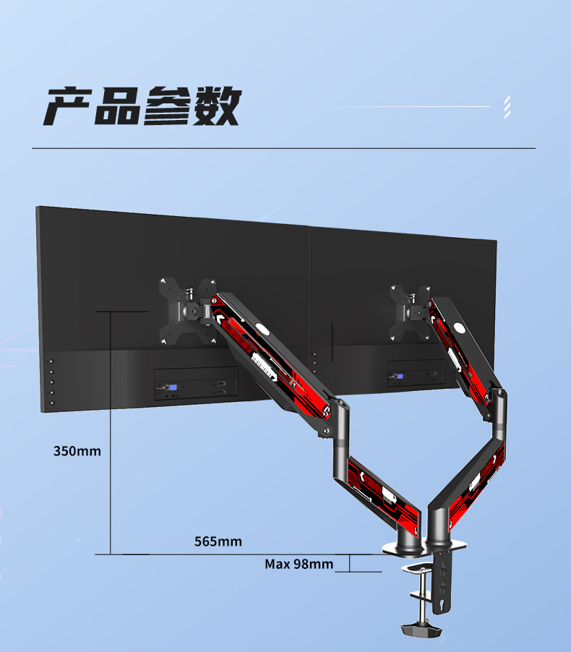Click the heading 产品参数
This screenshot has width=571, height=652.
tap(142, 106)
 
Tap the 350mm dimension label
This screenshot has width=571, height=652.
tap(77, 452)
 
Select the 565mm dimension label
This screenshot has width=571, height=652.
tap(218, 541)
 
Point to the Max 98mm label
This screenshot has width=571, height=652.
tap(299, 564)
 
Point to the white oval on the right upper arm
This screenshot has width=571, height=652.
tap(460, 333)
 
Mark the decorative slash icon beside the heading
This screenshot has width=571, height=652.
tap(507, 106)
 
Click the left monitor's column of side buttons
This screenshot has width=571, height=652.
tap(51, 378)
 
